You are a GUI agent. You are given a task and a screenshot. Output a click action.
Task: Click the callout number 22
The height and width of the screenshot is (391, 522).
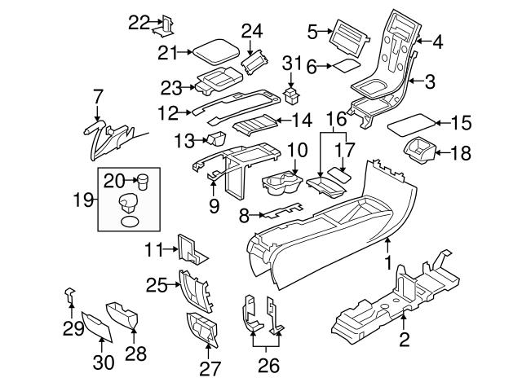(x=139, y=23)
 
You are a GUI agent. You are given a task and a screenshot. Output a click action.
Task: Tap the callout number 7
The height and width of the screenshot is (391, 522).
(x=98, y=96)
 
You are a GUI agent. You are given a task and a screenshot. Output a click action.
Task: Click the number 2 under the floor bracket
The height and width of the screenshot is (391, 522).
(x=404, y=339)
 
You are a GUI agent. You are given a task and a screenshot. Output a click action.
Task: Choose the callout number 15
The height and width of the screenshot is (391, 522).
(x=462, y=123)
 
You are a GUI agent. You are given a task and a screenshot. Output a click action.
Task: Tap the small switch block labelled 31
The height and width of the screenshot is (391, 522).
(x=290, y=92)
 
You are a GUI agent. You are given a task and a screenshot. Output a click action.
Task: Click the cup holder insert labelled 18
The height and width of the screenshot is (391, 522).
(x=421, y=152)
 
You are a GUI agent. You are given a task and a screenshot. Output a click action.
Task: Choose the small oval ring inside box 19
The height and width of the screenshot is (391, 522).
(x=130, y=219)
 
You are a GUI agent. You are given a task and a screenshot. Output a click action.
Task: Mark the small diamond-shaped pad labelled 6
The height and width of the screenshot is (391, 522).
(x=345, y=65)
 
